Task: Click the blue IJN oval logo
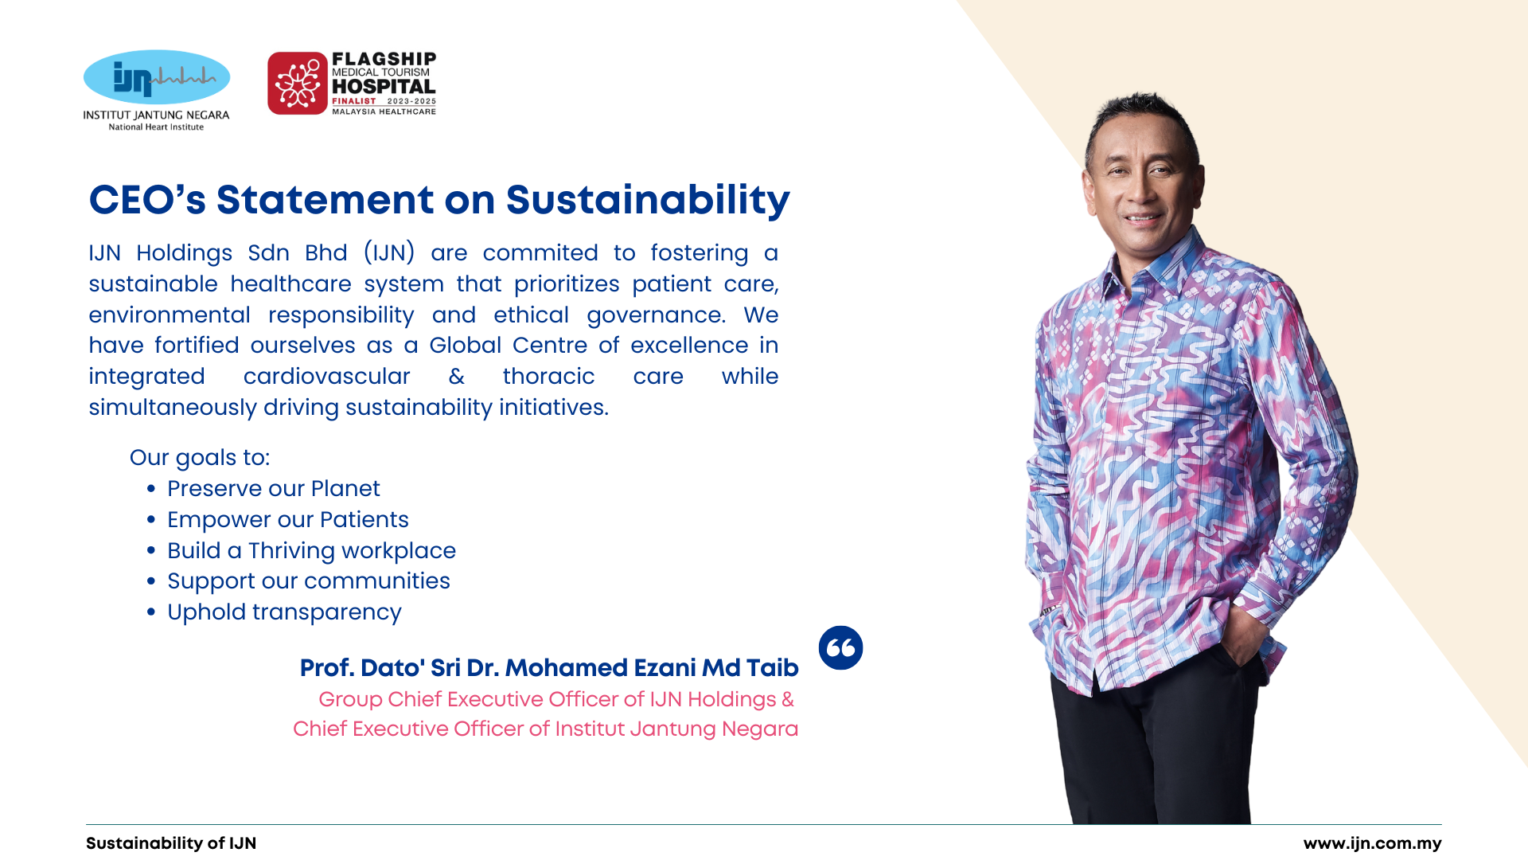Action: pyautogui.click(x=157, y=77)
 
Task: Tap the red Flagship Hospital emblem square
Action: pyautogui.click(x=298, y=84)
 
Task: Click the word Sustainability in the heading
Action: pyautogui.click(x=648, y=200)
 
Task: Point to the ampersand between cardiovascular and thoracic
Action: pyautogui.click(x=457, y=376)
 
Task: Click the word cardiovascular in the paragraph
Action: pyautogui.click(x=326, y=376)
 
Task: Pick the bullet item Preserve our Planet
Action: pyautogui.click(x=274, y=488)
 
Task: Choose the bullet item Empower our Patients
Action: pyautogui.click(x=288, y=519)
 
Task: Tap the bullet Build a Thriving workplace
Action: pyautogui.click(x=311, y=550)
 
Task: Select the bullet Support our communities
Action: pyautogui.click(x=309, y=581)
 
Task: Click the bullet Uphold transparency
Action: pyautogui.click(x=284, y=612)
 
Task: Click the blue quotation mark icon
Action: pyautogui.click(x=840, y=647)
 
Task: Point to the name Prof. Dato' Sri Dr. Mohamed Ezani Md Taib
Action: pyautogui.click(x=549, y=667)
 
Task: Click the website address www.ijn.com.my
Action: pyautogui.click(x=1372, y=843)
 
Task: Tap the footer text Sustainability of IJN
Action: pyautogui.click(x=171, y=843)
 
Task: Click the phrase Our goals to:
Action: pyautogui.click(x=200, y=458)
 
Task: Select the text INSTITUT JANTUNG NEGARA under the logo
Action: pyautogui.click(x=156, y=115)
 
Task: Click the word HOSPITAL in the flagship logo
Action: pyautogui.click(x=384, y=87)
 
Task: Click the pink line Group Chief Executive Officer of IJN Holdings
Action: pyautogui.click(x=556, y=699)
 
